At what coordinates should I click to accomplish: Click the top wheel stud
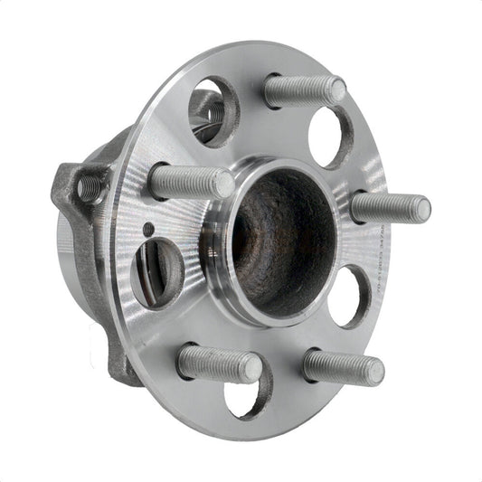tap(303, 90)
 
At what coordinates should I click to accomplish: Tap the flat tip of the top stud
tap(336, 90)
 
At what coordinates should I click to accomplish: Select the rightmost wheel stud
tap(389, 208)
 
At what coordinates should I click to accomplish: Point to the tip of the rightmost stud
tap(421, 210)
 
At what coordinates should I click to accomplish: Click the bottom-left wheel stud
tap(219, 364)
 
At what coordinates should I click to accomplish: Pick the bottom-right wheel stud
tap(342, 368)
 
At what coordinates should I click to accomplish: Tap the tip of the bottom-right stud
tap(374, 371)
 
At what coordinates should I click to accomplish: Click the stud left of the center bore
tap(190, 183)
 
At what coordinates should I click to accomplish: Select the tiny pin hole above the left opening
tap(147, 229)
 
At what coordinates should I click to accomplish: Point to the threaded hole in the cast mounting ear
tap(89, 187)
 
